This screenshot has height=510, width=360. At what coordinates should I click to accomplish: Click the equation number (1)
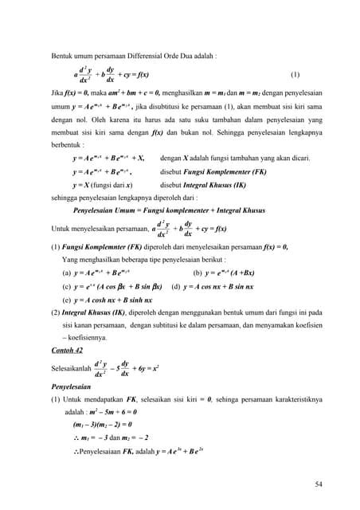click(295, 75)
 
